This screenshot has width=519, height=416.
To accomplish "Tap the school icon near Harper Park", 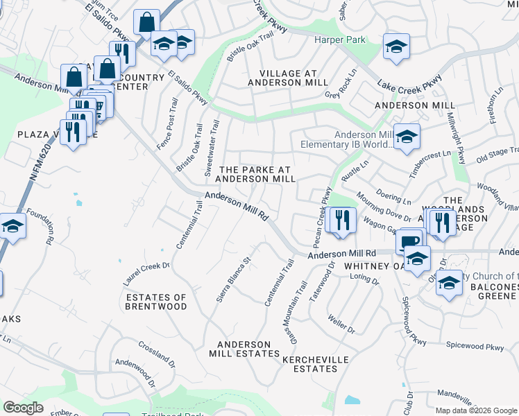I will tap(396, 46).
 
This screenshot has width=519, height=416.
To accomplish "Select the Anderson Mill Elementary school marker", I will tap(407, 137).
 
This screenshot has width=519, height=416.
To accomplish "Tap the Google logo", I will tap(23, 408).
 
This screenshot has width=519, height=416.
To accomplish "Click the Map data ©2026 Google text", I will tap(476, 410).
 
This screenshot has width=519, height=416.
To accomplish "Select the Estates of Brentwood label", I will tap(156, 302).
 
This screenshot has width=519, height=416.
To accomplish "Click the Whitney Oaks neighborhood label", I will tap(374, 266).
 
